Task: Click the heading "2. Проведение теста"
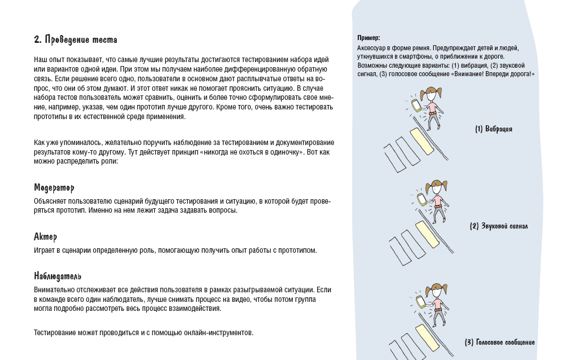tap(76, 40)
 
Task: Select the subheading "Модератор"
tap(54, 188)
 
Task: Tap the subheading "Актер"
tap(46, 237)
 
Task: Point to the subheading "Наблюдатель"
tap(58, 276)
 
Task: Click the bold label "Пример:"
tap(368, 38)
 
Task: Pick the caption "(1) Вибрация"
tap(494, 129)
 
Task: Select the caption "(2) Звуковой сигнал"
tap(499, 226)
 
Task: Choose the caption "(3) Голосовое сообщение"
tap(499, 343)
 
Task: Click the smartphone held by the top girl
tap(415, 106)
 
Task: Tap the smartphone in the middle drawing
tap(421, 199)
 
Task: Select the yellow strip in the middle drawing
tap(427, 234)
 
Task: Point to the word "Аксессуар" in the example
tap(371, 48)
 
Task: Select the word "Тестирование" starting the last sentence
tap(53, 333)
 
